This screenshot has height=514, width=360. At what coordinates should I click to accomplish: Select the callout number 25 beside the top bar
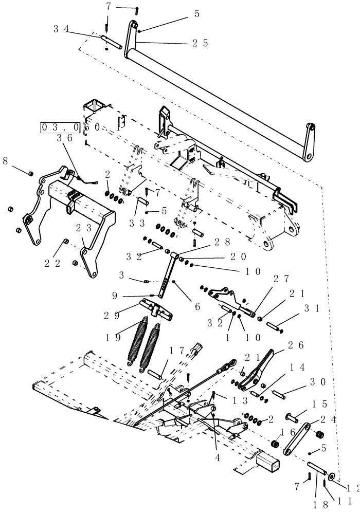(x=199, y=44)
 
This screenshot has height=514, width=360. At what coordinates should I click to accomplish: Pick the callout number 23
(x=84, y=227)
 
